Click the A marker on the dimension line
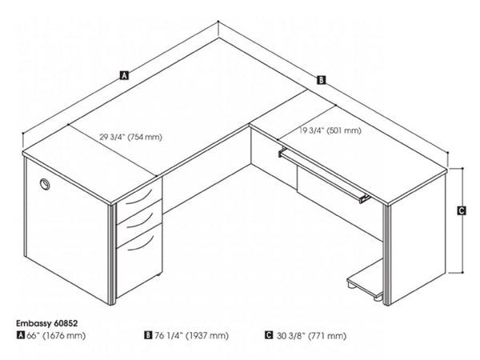pos(123,77)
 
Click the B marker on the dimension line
pos(321,79)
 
